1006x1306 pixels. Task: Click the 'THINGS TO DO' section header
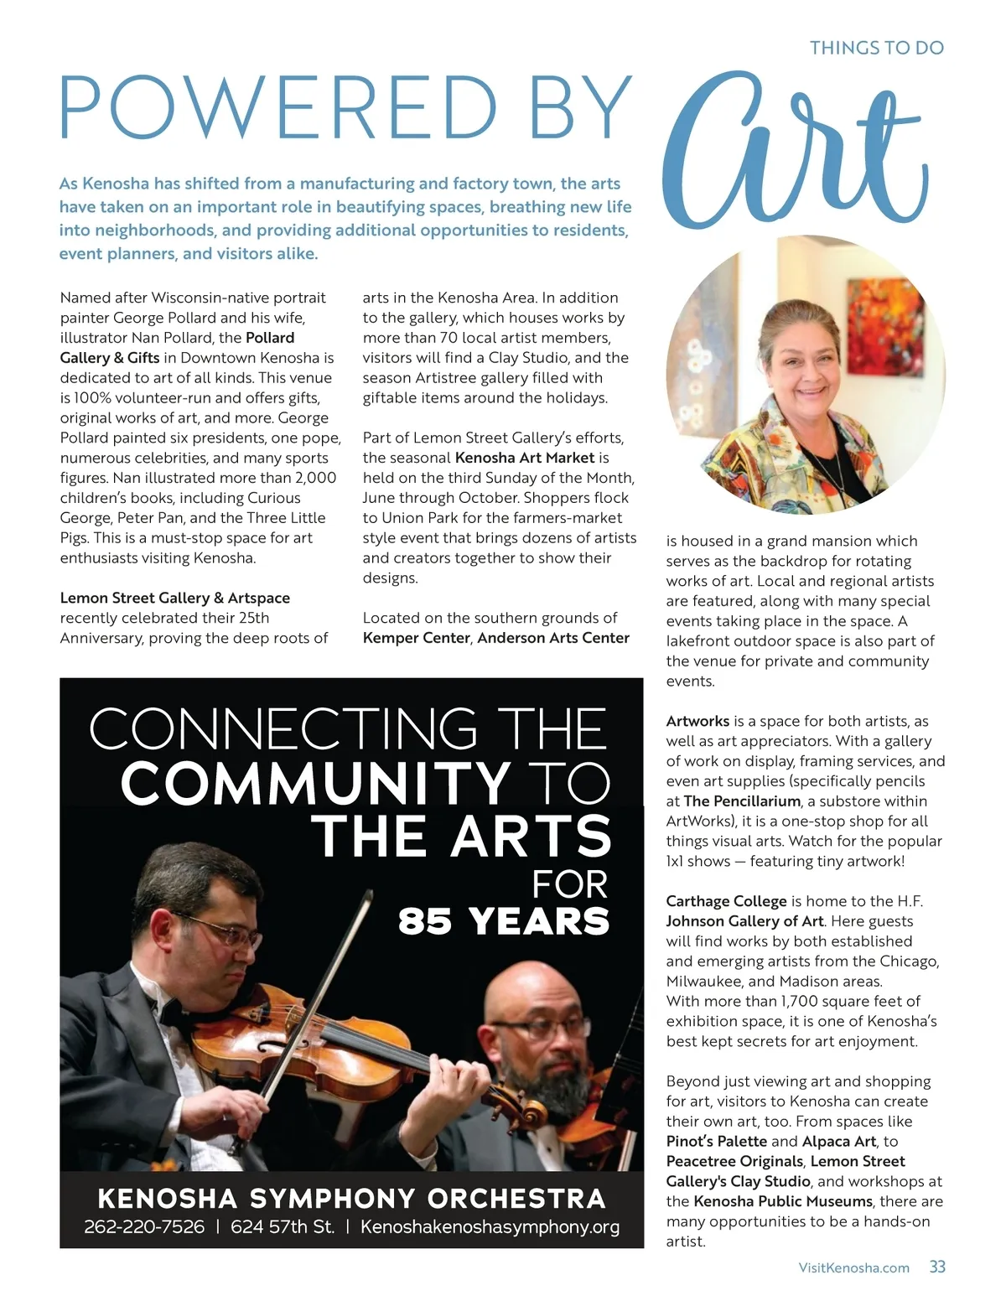click(x=876, y=48)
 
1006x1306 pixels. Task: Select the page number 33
click(x=937, y=1267)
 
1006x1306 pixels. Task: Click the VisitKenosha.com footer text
click(x=853, y=1267)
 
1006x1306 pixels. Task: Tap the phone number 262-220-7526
click(x=144, y=1226)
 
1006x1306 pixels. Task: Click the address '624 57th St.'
click(x=283, y=1226)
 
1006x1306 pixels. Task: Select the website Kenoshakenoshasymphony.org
click(x=490, y=1226)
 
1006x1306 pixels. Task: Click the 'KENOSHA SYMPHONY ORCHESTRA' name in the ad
click(x=351, y=1198)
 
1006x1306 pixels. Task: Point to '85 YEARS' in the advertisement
click(x=503, y=920)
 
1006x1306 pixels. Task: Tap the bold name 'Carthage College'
click(x=726, y=901)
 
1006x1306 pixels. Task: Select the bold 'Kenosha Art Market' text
click(x=525, y=458)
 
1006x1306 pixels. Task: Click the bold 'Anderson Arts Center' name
click(x=553, y=638)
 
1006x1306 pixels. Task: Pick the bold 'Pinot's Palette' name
click(x=717, y=1141)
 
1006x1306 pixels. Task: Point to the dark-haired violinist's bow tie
click(x=159, y=1006)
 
